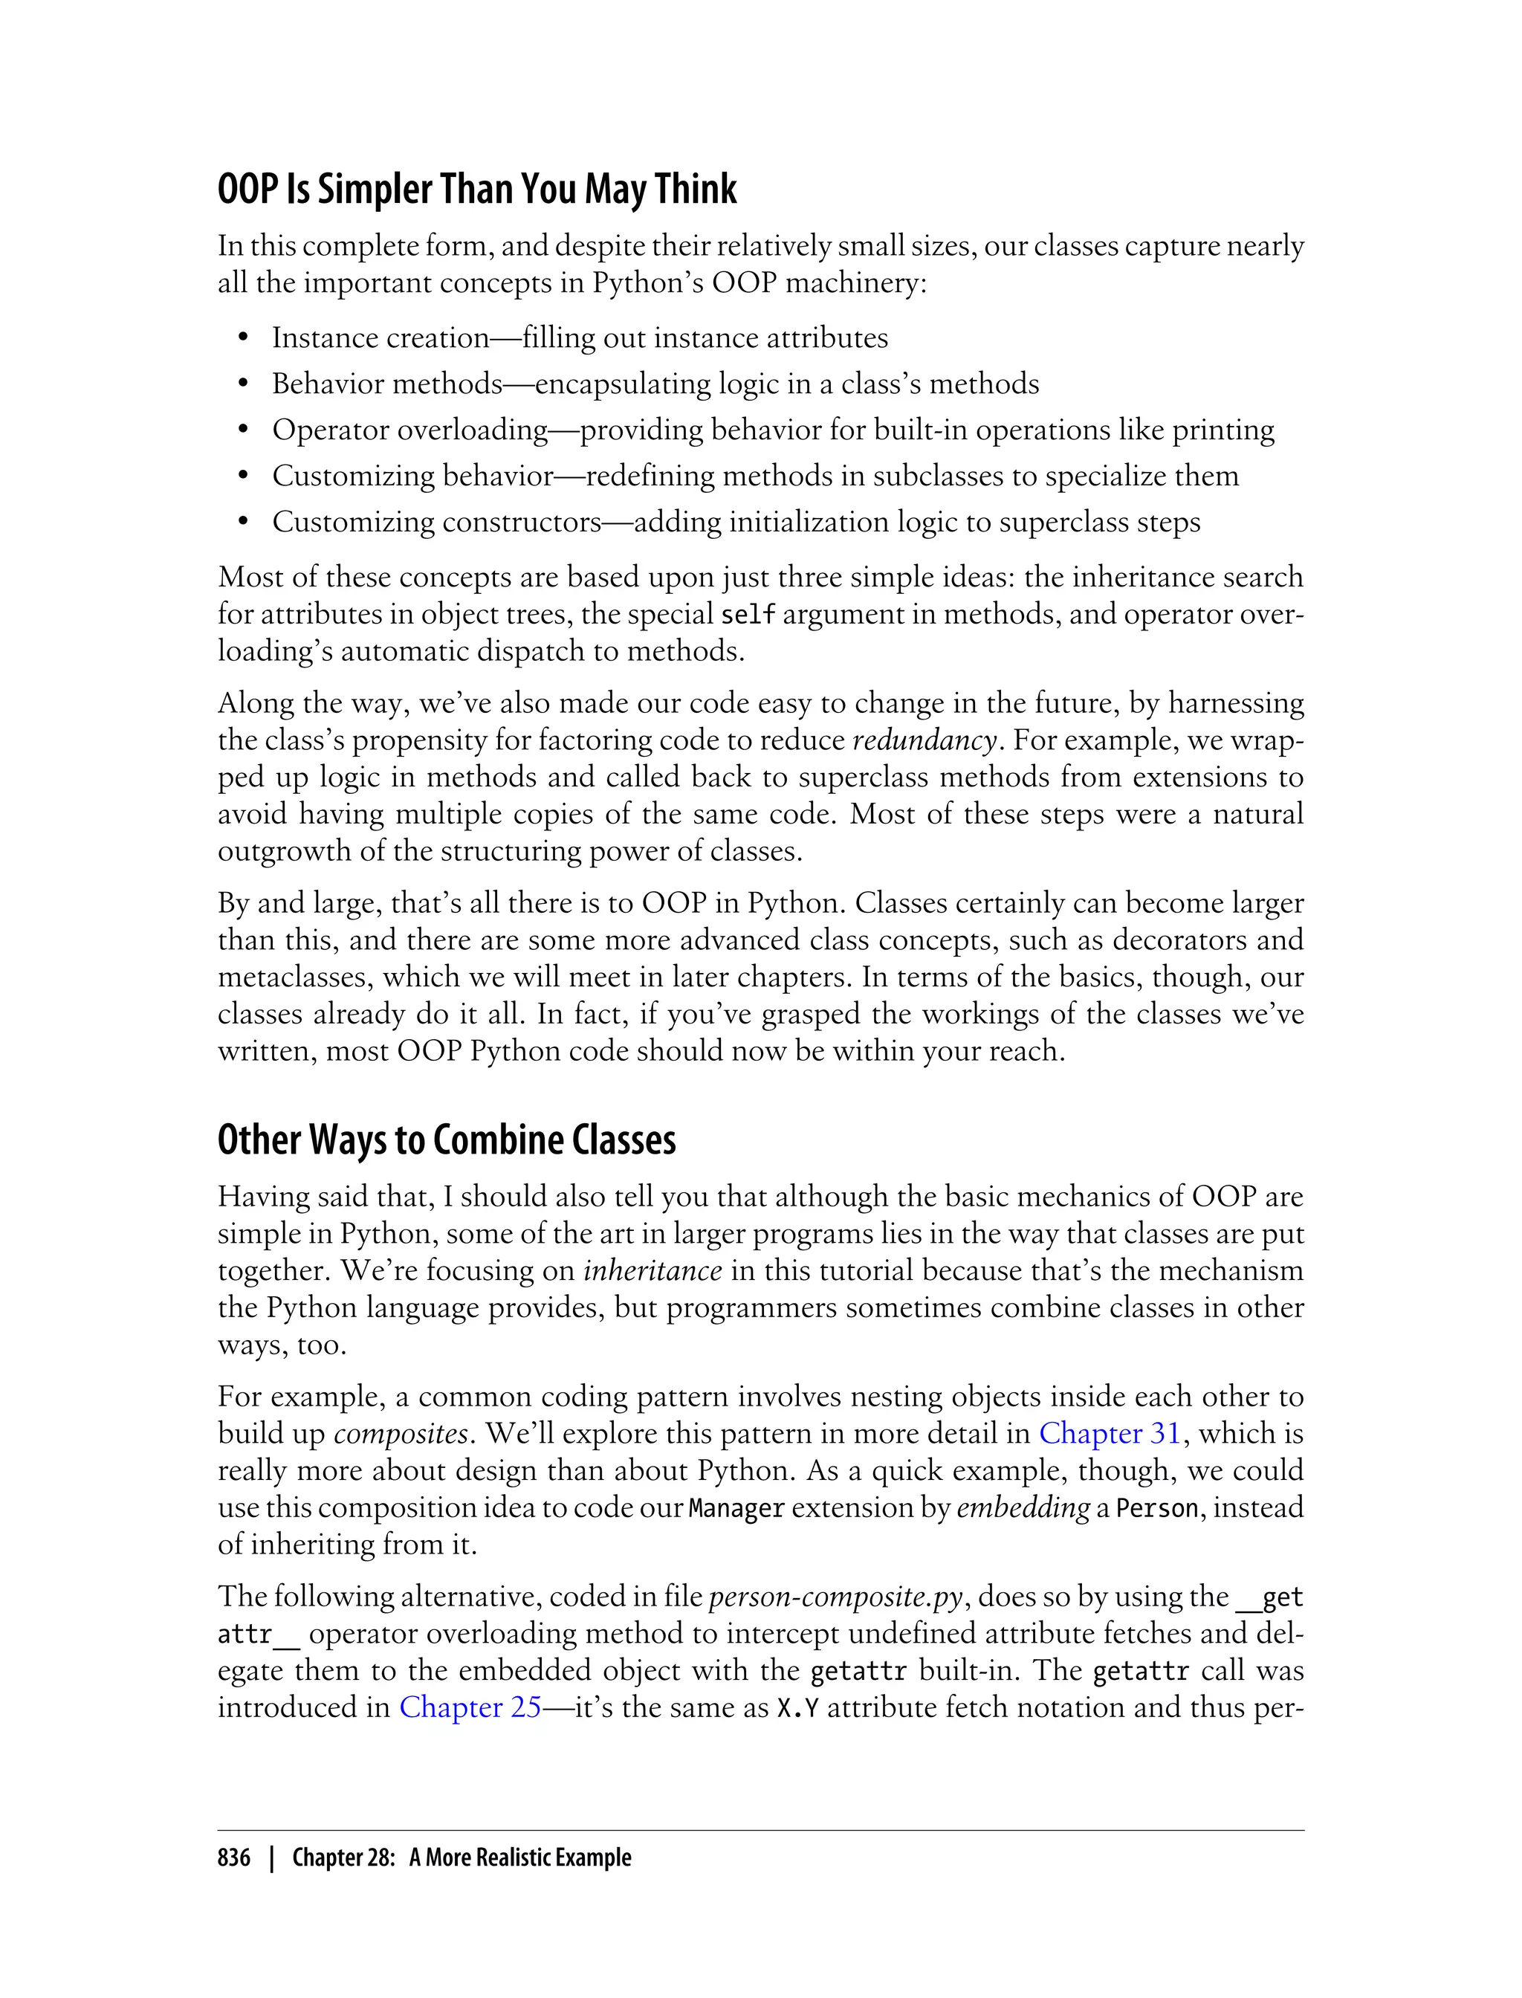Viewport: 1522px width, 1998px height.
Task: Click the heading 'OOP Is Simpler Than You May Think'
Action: [x=476, y=190]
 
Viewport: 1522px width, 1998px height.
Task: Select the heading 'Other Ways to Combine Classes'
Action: [x=447, y=1140]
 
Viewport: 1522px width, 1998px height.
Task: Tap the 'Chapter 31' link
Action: [x=1110, y=1434]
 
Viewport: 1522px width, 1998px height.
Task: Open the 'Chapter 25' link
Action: [x=470, y=1707]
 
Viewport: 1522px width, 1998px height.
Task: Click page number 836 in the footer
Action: [x=234, y=1858]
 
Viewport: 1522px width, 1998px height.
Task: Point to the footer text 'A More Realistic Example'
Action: [x=520, y=1858]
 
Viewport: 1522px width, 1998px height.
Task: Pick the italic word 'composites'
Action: [x=401, y=1434]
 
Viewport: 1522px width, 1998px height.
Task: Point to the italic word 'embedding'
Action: [x=1023, y=1507]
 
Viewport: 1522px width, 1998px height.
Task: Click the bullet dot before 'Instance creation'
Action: [x=243, y=339]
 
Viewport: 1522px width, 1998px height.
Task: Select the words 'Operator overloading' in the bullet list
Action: [x=409, y=430]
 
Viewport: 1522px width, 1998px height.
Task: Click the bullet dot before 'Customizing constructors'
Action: [x=243, y=523]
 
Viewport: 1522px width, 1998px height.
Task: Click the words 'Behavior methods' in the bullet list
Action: [x=387, y=384]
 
